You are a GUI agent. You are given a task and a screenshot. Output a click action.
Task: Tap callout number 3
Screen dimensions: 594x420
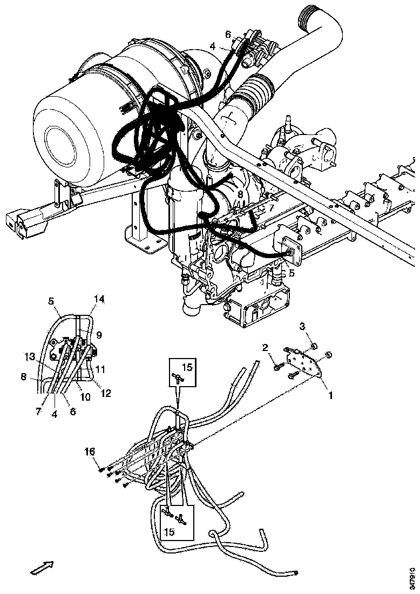[303, 326]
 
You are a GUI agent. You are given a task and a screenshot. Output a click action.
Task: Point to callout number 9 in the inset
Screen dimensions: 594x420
[98, 334]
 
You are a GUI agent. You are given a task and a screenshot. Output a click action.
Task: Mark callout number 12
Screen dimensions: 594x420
[105, 394]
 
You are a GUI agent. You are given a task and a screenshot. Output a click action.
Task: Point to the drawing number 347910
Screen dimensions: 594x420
[413, 576]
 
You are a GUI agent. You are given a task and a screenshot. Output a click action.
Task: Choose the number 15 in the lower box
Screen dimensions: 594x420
[169, 532]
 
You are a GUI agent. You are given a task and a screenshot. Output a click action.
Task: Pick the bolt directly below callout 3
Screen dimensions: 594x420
[315, 346]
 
